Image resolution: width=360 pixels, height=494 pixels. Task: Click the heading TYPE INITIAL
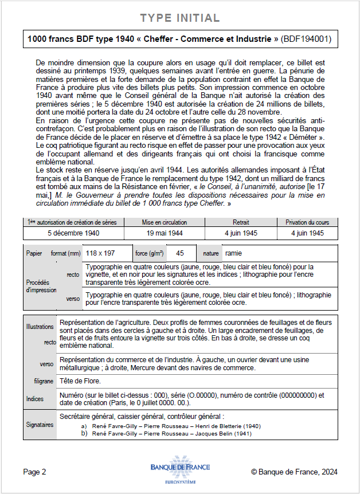[x=180, y=18]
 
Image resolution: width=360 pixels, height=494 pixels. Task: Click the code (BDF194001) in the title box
[x=307, y=39]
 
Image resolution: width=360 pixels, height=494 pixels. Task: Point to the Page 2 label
[x=34, y=472]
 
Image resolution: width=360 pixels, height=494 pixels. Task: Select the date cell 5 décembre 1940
[x=74, y=233]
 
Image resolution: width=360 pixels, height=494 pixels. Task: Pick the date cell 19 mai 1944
[x=164, y=233]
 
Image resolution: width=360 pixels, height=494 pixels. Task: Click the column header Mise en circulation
[x=164, y=222]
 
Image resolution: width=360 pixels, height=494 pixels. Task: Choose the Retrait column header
[x=241, y=222]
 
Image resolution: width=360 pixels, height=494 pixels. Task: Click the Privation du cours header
[x=308, y=222]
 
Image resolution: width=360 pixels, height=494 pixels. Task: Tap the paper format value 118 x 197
[x=100, y=253]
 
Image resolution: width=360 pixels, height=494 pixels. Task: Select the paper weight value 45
[x=180, y=253]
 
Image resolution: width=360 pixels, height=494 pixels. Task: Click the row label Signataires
[x=40, y=425]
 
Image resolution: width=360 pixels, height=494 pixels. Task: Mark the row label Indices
[x=35, y=399]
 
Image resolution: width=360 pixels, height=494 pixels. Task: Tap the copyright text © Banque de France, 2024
[x=294, y=472]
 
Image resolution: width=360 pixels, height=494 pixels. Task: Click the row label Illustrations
[x=40, y=327]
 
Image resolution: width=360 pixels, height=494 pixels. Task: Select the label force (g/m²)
[x=150, y=253]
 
